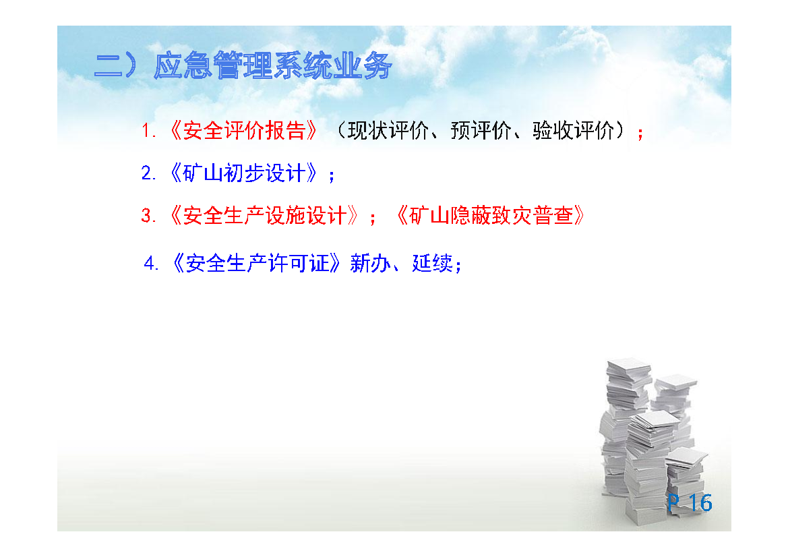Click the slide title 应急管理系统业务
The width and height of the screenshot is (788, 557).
(272, 65)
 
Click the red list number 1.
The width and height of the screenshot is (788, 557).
(147, 131)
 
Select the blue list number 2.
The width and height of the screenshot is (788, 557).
(147, 173)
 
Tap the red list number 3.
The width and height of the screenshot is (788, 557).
(147, 216)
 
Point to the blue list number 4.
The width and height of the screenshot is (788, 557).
(150, 264)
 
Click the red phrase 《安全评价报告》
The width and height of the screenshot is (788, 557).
(244, 131)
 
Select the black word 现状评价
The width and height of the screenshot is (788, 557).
(388, 131)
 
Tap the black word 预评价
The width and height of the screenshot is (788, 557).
(481, 131)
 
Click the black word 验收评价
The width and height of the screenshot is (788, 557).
(573, 131)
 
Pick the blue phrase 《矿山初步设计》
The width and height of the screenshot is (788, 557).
(244, 173)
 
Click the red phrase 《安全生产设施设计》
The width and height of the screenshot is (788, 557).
(264, 216)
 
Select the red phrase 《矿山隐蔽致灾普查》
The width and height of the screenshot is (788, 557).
(491, 216)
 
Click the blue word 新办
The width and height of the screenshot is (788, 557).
(370, 264)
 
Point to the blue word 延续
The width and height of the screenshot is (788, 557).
(432, 264)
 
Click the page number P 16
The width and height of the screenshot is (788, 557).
(690, 502)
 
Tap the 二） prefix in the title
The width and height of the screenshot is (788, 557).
(115, 65)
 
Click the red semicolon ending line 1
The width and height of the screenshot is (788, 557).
(640, 134)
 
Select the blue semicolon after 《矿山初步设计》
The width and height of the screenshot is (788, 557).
(331, 176)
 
